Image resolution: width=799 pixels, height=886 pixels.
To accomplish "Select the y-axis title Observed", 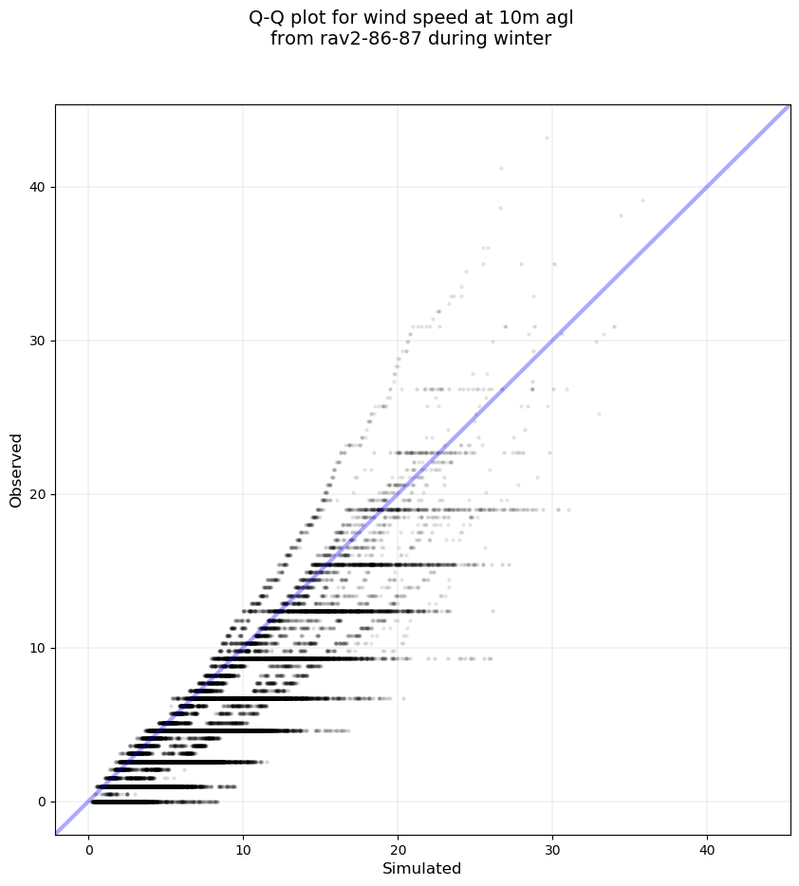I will point(16,471).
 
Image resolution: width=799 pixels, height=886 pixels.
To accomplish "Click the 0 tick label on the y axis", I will point(40,803).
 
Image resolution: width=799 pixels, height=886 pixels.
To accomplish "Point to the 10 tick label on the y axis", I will point(36,649).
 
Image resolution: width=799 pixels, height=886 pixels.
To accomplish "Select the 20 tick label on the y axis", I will point(36,495).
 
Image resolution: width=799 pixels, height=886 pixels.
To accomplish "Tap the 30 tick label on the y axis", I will point(36,341).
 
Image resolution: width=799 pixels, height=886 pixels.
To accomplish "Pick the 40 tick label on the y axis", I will point(36,188).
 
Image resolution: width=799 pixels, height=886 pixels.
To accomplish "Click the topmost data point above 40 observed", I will point(547,138).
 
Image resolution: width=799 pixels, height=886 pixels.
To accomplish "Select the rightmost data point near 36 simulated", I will point(642,201).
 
